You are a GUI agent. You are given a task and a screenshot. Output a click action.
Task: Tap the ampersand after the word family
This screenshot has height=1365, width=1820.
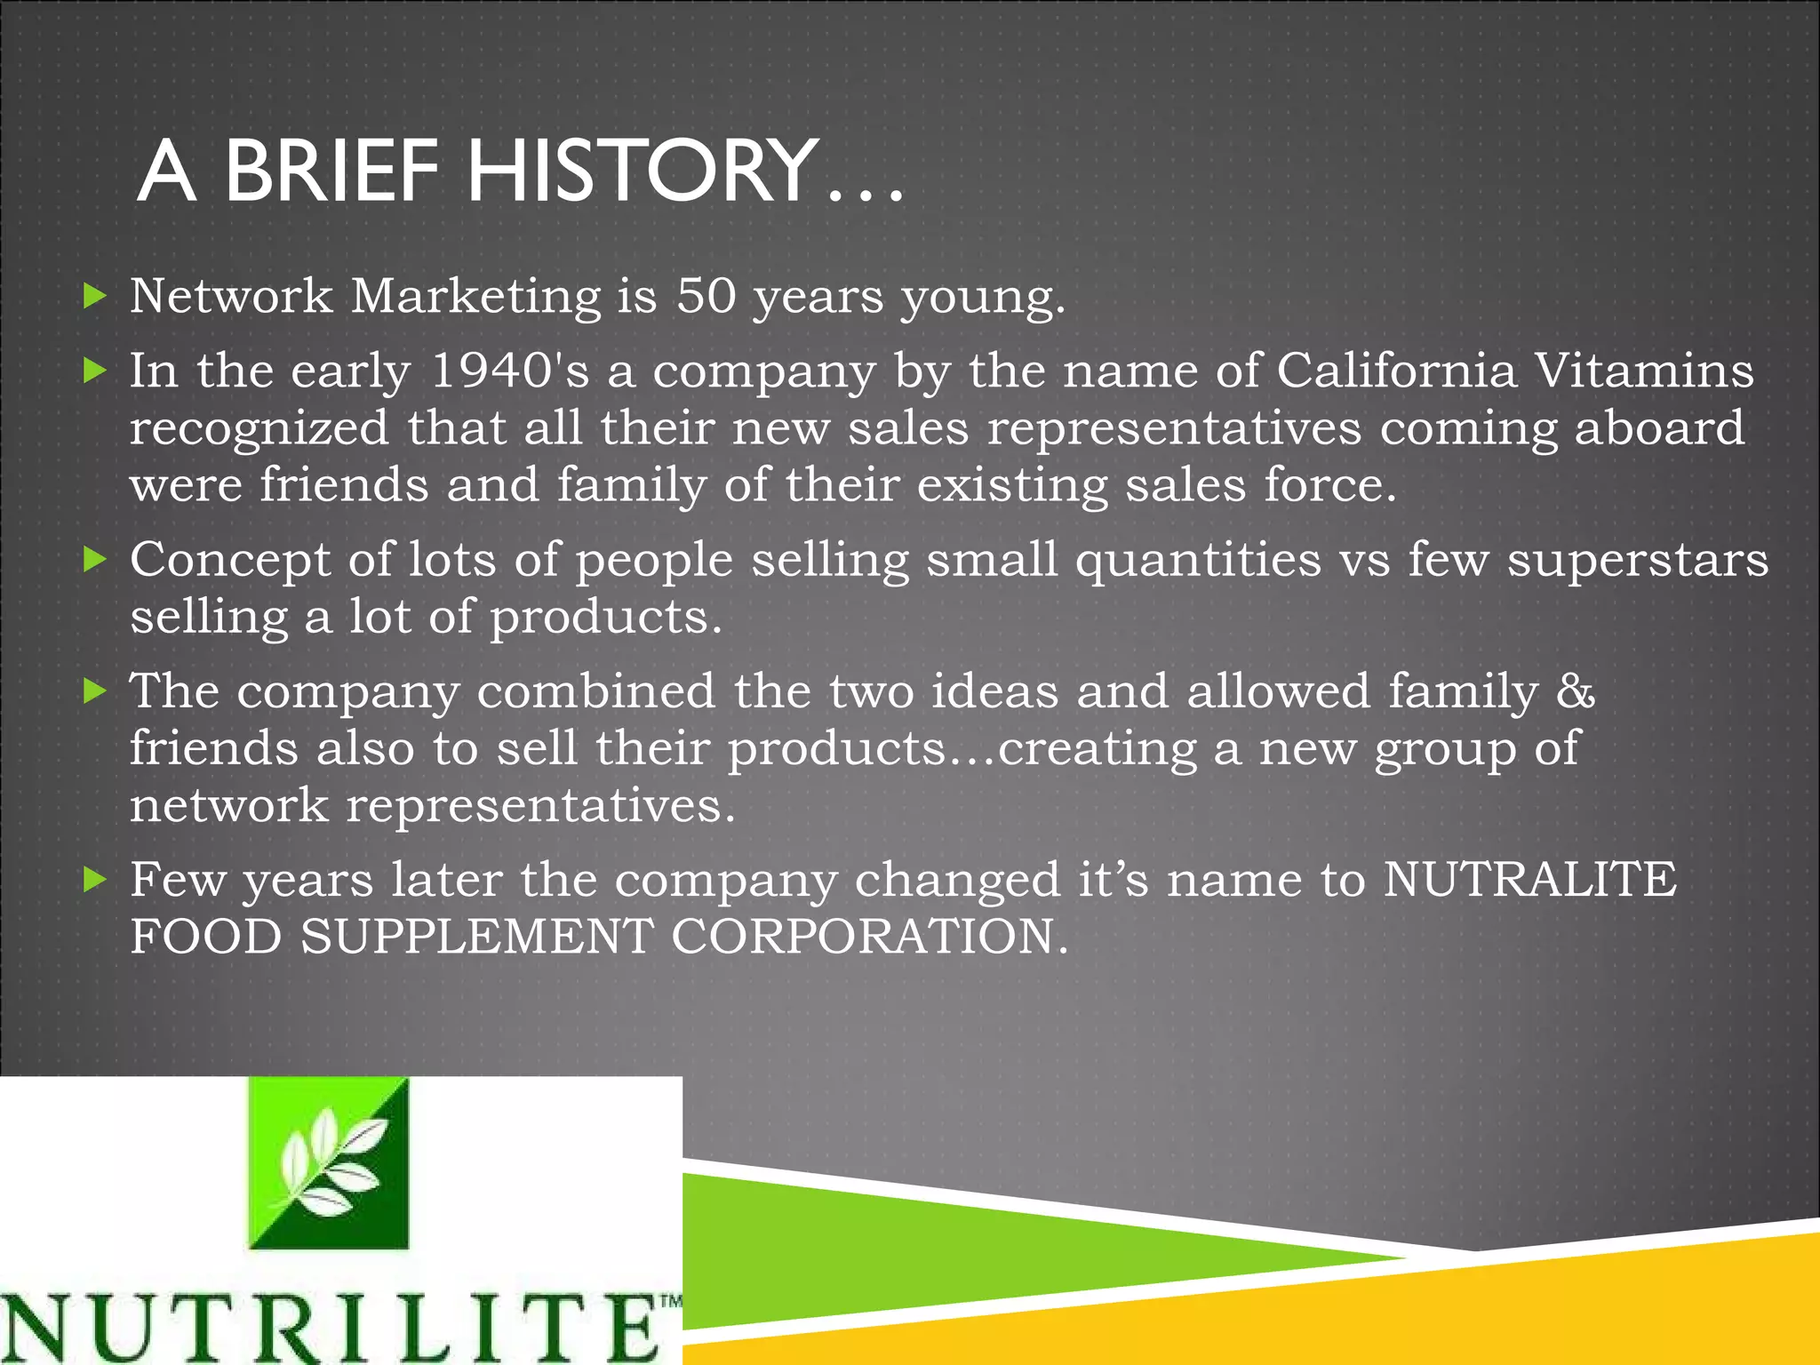pos(1576,690)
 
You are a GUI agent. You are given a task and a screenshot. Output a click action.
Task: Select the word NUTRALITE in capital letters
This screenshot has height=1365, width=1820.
pos(1529,879)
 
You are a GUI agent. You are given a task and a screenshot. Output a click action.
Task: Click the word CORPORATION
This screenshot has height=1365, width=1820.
pos(869,937)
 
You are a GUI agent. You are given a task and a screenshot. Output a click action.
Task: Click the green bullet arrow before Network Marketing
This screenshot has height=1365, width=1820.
pos(94,296)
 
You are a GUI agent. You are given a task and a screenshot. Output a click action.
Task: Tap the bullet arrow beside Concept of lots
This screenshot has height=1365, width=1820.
pos(94,560)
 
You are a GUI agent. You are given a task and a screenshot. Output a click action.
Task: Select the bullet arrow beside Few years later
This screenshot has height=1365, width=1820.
pos(94,880)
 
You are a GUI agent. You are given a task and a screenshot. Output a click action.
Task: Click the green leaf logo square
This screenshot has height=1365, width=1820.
pos(328,1163)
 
